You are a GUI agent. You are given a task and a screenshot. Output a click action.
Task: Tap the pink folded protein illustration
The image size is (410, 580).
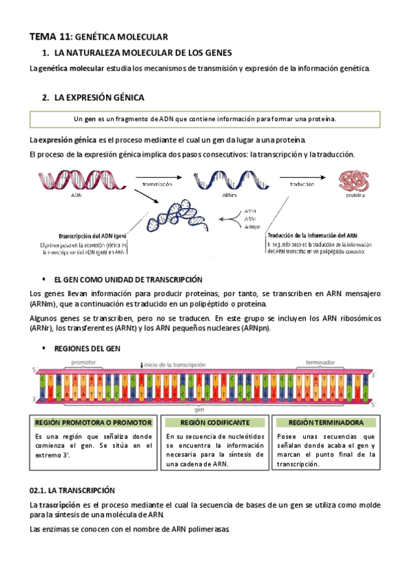point(355,181)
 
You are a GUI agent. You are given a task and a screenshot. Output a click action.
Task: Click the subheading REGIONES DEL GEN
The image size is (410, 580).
point(86,348)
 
